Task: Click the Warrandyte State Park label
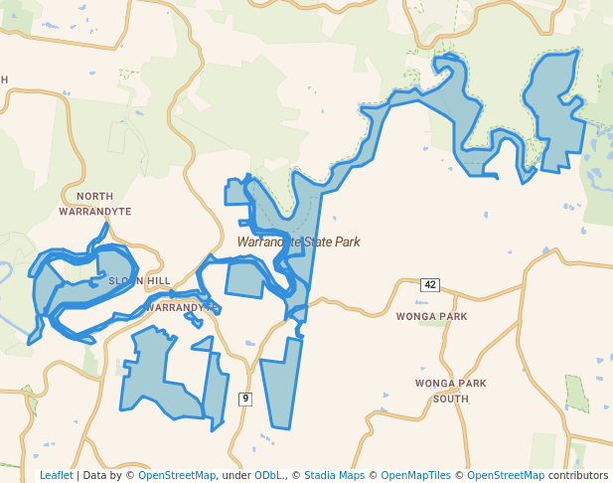298,241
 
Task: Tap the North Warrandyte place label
94,204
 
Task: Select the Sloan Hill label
139,281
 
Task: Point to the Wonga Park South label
450,391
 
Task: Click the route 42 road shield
429,285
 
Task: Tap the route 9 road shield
245,399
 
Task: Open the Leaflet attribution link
56,475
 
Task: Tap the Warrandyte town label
181,308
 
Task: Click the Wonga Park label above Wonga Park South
431,317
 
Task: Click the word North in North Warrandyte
94,197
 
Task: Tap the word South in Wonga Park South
450,399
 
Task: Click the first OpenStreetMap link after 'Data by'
177,475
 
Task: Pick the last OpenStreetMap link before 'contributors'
506,475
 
